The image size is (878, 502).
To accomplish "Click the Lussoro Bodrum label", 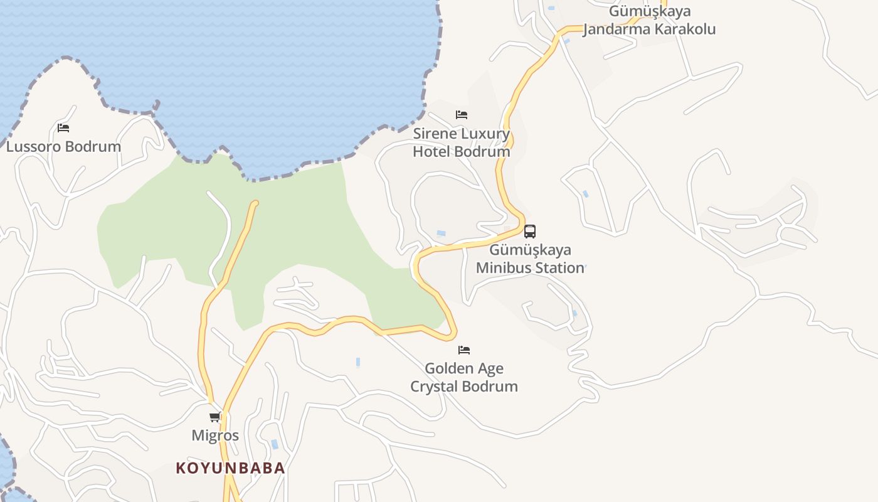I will pyautogui.click(x=63, y=147).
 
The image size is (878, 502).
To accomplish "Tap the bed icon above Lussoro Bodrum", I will pyautogui.click(x=63, y=128).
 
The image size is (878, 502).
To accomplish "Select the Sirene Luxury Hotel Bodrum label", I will pyautogui.click(x=462, y=142).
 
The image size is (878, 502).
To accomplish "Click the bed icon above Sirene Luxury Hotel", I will pyautogui.click(x=462, y=115).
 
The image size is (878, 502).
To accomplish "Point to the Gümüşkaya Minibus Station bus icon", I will pyautogui.click(x=530, y=232).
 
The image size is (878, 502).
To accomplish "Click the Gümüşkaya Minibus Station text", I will pyautogui.click(x=530, y=259).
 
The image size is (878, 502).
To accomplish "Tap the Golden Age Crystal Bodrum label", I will pyautogui.click(x=464, y=377).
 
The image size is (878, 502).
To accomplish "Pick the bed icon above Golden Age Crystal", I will pyautogui.click(x=464, y=350).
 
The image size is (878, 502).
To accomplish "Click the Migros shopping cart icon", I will pyautogui.click(x=215, y=417).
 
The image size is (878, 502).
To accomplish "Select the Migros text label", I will pyautogui.click(x=215, y=435).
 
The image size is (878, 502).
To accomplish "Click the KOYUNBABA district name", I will pyautogui.click(x=230, y=468).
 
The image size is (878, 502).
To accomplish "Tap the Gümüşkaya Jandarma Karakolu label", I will pyautogui.click(x=650, y=20).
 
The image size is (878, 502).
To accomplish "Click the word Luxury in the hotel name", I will pyautogui.click(x=485, y=134).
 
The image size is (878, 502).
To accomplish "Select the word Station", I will pyautogui.click(x=555, y=268).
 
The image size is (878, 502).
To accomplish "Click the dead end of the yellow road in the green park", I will pyautogui.click(x=254, y=203).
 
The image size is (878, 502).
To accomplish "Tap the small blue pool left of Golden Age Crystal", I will pyautogui.click(x=358, y=362).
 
